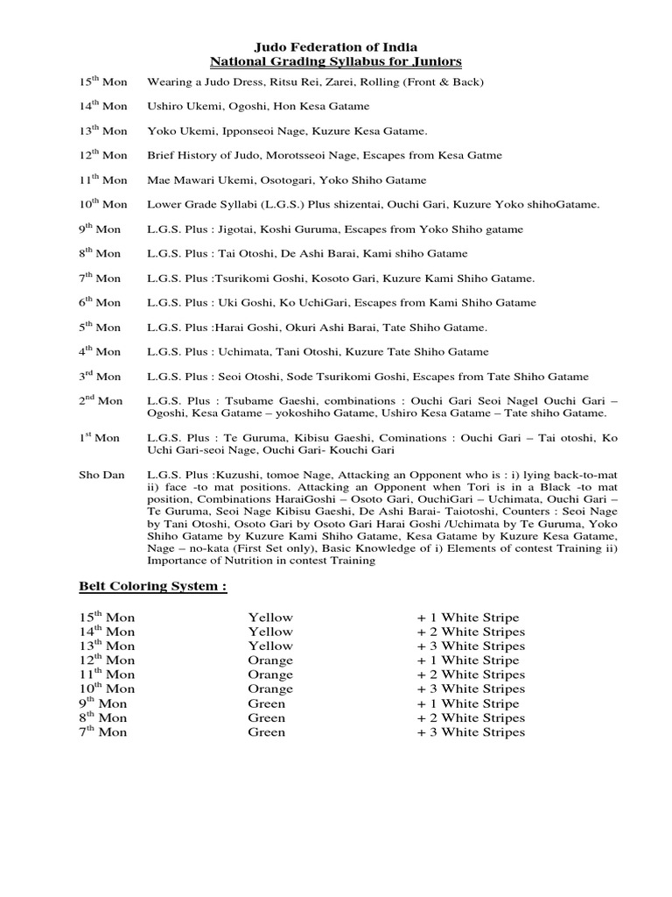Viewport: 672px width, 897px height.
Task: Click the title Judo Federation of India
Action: click(x=335, y=46)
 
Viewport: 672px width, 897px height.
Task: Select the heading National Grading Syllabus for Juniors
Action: click(x=335, y=61)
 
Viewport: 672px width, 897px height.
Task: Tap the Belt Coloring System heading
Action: click(x=152, y=586)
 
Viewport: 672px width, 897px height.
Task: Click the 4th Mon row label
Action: click(x=101, y=351)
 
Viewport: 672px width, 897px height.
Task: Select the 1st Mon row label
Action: click(x=100, y=437)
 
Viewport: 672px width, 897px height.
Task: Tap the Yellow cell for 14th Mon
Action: click(x=269, y=632)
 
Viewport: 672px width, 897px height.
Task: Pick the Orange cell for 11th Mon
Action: click(x=269, y=675)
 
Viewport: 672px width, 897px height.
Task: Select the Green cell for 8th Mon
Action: click(x=266, y=717)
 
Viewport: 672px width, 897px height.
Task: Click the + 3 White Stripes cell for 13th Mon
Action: click(x=471, y=646)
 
